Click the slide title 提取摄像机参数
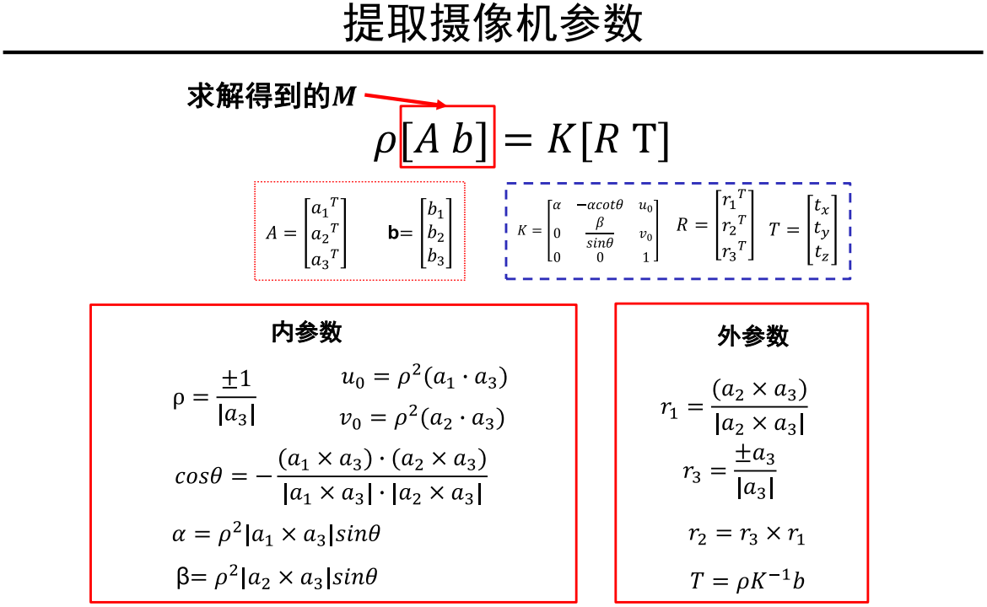[493, 25]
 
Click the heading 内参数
[306, 332]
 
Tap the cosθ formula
[332, 475]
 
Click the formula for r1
[734, 407]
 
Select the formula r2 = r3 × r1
[747, 535]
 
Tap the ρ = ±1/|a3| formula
[215, 397]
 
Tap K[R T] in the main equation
[608, 140]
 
